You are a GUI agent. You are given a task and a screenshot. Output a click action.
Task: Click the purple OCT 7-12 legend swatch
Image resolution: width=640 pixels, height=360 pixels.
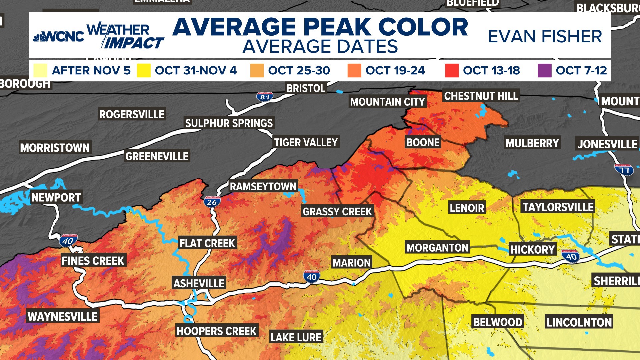coord(544,70)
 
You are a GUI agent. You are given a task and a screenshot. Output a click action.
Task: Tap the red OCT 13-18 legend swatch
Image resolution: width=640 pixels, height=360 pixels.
coord(452,70)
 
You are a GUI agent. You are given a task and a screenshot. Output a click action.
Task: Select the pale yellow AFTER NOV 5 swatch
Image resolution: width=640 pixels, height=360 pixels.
coord(40,70)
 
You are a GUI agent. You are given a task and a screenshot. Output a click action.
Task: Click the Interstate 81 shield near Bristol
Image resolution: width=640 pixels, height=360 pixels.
coord(265,97)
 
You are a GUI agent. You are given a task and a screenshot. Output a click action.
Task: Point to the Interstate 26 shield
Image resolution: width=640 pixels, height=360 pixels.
coord(212,202)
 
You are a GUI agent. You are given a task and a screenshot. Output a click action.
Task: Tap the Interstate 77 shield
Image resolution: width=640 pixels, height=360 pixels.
coord(624,170)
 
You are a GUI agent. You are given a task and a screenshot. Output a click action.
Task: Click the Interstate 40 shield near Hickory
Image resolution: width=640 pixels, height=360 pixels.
coord(571,256)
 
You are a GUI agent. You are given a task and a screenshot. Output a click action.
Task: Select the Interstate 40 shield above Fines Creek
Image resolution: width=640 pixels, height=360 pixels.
coord(68,241)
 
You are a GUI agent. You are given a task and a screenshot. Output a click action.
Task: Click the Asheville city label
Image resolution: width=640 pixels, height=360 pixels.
coord(199,283)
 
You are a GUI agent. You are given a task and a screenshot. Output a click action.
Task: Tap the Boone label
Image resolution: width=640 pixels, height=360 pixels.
coord(423,142)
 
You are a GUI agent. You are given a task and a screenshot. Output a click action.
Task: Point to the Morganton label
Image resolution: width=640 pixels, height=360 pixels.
coord(437,247)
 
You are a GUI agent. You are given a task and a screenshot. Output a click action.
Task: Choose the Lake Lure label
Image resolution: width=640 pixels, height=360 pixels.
coord(296,337)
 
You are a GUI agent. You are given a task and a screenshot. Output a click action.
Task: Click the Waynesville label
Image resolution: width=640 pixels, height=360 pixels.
coord(63,316)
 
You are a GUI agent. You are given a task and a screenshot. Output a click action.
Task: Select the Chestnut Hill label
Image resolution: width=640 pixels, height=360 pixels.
coord(481,96)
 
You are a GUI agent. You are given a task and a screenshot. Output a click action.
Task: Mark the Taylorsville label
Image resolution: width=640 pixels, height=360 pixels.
coord(558,207)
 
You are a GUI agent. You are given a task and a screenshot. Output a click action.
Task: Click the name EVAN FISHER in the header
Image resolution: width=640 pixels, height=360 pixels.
coord(545,36)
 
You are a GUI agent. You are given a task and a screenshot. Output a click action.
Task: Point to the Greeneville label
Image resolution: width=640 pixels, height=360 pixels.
coord(157,156)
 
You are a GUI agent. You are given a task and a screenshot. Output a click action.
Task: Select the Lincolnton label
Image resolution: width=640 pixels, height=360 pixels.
coord(579,322)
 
